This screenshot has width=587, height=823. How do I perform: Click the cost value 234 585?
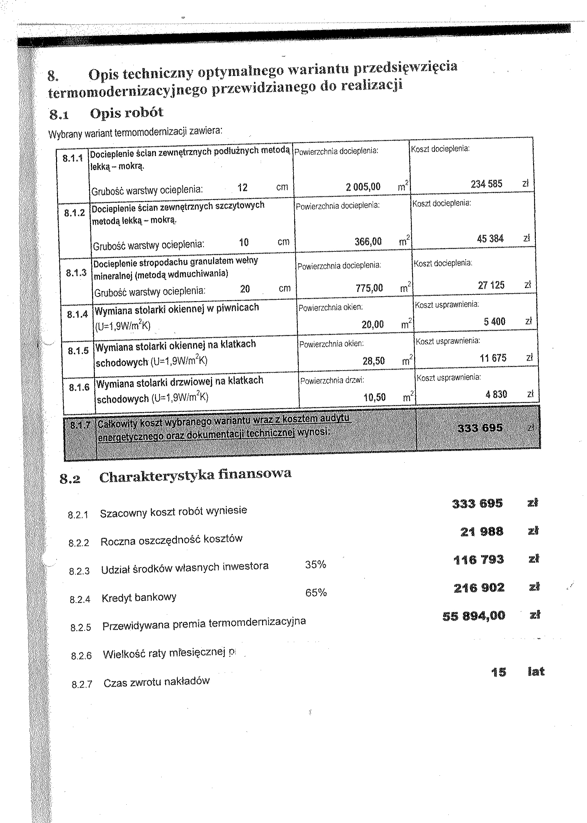coord(486,184)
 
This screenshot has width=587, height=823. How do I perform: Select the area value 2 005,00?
coord(363,187)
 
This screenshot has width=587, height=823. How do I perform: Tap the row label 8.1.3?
coord(76,273)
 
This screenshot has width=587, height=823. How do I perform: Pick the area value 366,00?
coord(368,241)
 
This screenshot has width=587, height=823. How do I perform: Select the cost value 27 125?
coord(491,285)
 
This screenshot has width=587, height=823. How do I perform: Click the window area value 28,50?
coord(373,361)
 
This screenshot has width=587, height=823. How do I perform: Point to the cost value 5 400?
coord(495,322)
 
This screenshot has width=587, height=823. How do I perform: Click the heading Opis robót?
coord(127,113)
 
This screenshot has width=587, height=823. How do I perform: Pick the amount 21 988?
coord(482,532)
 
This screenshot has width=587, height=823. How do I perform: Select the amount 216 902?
coord(479,588)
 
